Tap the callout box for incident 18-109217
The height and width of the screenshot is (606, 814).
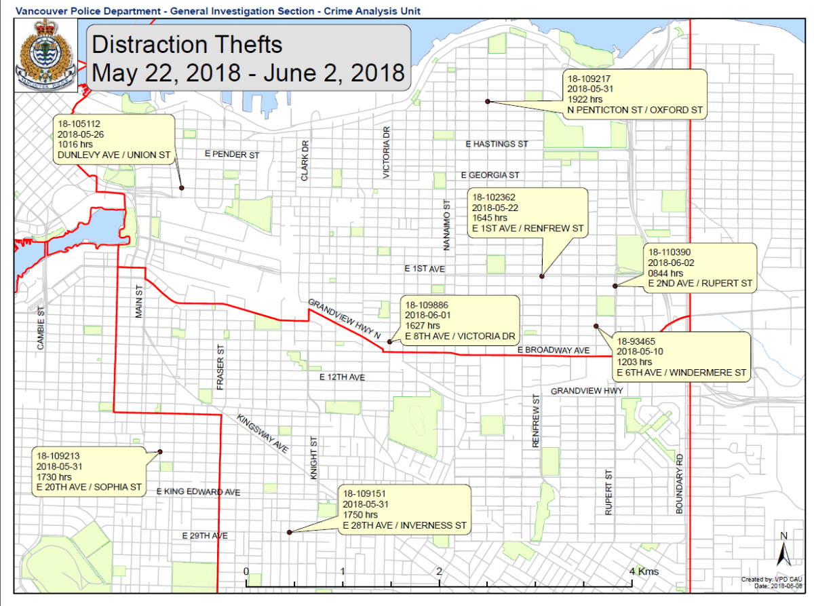pyautogui.click(x=635, y=94)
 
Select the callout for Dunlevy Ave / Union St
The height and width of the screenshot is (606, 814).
pyautogui.click(x=113, y=138)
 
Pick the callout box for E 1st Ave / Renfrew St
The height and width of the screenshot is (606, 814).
pyautogui.click(x=527, y=212)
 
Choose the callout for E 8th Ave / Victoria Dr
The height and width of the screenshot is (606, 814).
pyautogui.click(x=459, y=320)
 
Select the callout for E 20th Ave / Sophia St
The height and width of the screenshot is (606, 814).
pyautogui.click(x=90, y=471)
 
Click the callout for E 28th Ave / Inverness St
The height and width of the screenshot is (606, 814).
pyautogui.click(x=404, y=510)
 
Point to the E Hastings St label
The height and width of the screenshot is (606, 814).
pyautogui.click(x=497, y=144)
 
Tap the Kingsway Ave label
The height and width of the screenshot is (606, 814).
pyautogui.click(x=263, y=433)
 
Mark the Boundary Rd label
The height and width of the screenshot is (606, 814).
pyautogui.click(x=680, y=483)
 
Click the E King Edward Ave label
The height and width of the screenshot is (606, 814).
pyautogui.click(x=198, y=491)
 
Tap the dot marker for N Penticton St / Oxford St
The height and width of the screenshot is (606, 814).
pyautogui.click(x=487, y=101)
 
